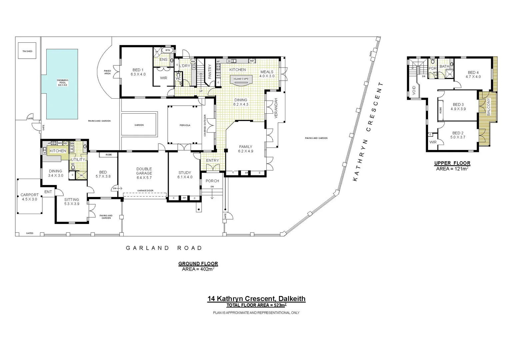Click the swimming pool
(62, 84)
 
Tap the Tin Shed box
(27, 51)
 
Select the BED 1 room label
(138, 72)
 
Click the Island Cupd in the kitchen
(241, 79)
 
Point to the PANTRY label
(210, 72)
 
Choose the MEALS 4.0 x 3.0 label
(267, 74)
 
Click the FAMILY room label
(246, 149)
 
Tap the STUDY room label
(185, 175)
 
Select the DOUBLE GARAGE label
(144, 173)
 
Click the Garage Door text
(145, 191)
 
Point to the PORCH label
(212, 181)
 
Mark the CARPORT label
(30, 197)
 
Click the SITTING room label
(72, 201)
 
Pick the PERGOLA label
(185, 125)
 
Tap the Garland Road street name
(164, 248)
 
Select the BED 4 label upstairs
(473, 74)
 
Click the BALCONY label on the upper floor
(489, 107)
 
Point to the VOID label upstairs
(414, 90)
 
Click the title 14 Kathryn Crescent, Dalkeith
(256, 299)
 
